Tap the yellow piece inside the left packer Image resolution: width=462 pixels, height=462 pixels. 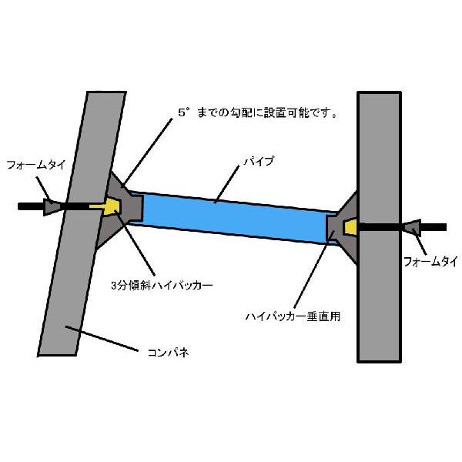[x=111, y=206]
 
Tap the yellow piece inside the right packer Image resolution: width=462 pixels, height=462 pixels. [x=348, y=227]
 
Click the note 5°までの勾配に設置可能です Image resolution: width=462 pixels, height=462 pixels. [x=258, y=112]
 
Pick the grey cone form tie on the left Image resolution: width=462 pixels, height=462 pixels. [x=52, y=206]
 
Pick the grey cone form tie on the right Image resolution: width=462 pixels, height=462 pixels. [x=410, y=228]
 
